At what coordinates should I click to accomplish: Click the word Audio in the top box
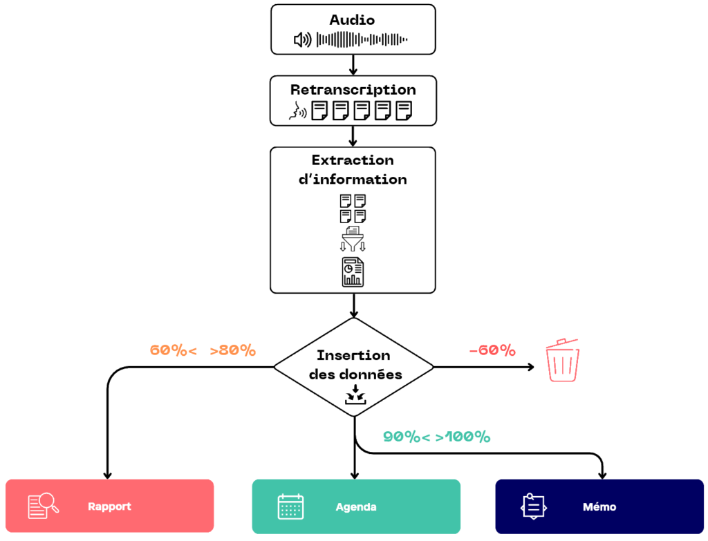[353, 20]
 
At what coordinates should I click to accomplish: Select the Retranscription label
[353, 90]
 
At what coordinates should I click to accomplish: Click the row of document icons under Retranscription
[353, 109]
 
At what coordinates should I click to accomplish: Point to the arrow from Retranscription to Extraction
[353, 136]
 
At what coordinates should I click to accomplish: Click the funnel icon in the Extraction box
[353, 239]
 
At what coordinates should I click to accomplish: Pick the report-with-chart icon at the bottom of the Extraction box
[353, 271]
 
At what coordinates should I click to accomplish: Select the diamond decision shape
[353, 367]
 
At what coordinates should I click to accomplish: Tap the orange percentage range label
[203, 350]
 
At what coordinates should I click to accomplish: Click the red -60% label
[492, 350]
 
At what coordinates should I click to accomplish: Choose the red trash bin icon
[563, 360]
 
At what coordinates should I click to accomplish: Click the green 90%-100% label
[436, 437]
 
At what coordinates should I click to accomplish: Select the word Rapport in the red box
[110, 506]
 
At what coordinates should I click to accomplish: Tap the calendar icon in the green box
[290, 507]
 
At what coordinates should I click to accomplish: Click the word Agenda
[356, 506]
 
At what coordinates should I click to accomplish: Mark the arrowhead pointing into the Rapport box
[108, 475]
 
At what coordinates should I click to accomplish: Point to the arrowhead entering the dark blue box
[602, 475]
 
